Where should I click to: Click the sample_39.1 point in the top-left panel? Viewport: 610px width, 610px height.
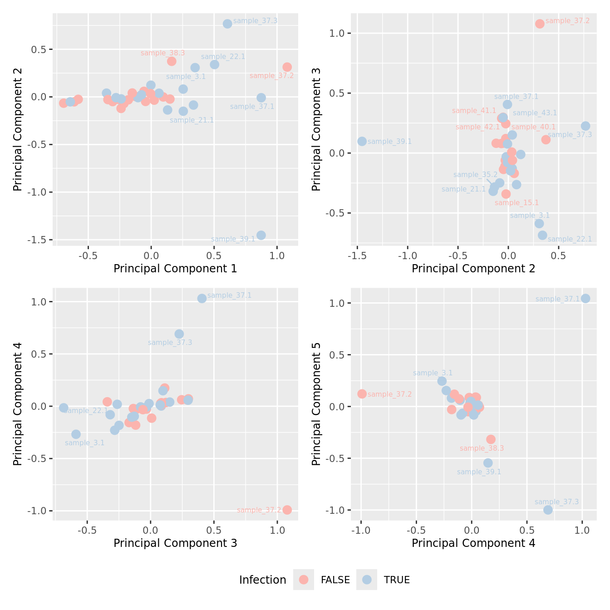(261, 235)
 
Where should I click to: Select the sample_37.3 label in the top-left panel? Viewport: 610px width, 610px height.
(255, 21)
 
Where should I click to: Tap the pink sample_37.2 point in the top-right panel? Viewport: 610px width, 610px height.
(540, 24)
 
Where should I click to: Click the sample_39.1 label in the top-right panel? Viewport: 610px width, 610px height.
(389, 142)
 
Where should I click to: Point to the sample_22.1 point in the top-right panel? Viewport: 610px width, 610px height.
(542, 235)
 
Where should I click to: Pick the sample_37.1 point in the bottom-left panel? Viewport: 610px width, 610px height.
(202, 298)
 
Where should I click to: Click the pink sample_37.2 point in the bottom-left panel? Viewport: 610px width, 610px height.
(287, 510)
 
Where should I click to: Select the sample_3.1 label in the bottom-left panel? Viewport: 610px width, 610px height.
(85, 443)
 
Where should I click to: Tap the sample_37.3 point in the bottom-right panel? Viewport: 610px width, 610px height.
(548, 510)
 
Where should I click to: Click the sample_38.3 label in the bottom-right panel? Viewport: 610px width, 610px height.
(482, 448)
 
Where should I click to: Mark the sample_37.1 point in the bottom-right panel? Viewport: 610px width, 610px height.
(585, 298)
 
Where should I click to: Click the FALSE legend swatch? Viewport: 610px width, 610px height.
(304, 580)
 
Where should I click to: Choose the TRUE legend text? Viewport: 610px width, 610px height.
(397, 580)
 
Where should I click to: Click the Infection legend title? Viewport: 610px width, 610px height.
(262, 580)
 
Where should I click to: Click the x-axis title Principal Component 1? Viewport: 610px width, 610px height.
(175, 269)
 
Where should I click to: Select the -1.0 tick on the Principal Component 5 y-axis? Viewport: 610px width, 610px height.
(337, 510)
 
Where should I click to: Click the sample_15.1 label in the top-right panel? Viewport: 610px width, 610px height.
(517, 203)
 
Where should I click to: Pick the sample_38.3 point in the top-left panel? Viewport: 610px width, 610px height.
(172, 61)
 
